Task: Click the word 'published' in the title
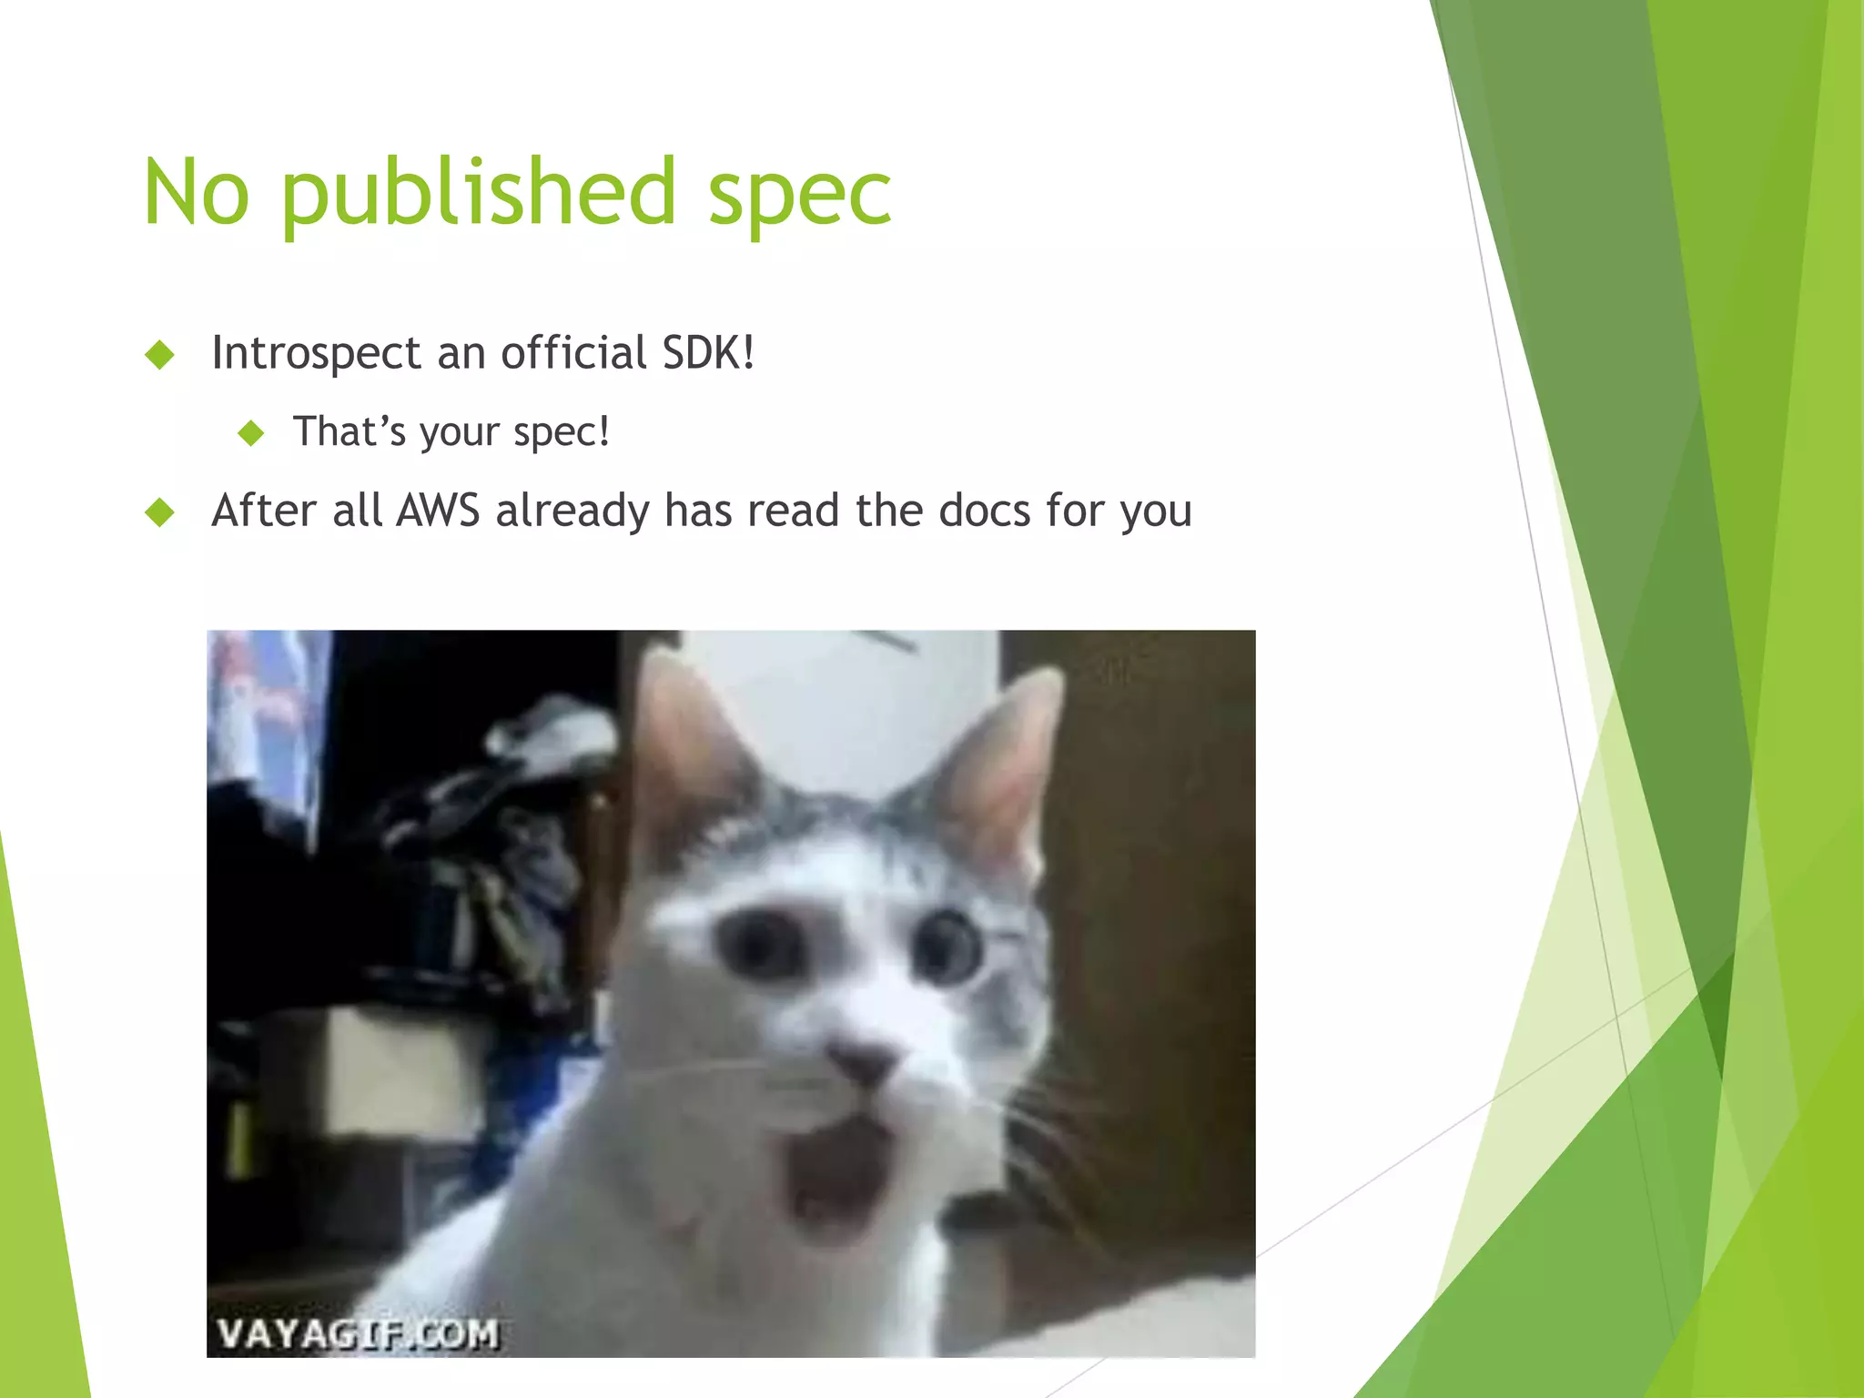coord(478,193)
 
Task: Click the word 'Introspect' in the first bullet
coord(316,353)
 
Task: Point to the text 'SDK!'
coord(708,352)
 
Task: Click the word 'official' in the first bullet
coord(573,352)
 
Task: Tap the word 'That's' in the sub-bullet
coord(349,431)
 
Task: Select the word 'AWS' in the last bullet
coord(438,510)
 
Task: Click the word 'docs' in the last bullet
coord(985,510)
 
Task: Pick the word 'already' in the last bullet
coord(572,512)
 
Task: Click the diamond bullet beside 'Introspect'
coord(160,354)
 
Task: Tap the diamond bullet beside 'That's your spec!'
coord(251,433)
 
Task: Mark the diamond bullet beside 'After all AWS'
coord(160,512)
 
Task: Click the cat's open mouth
coord(838,1174)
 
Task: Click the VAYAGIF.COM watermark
coord(358,1334)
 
